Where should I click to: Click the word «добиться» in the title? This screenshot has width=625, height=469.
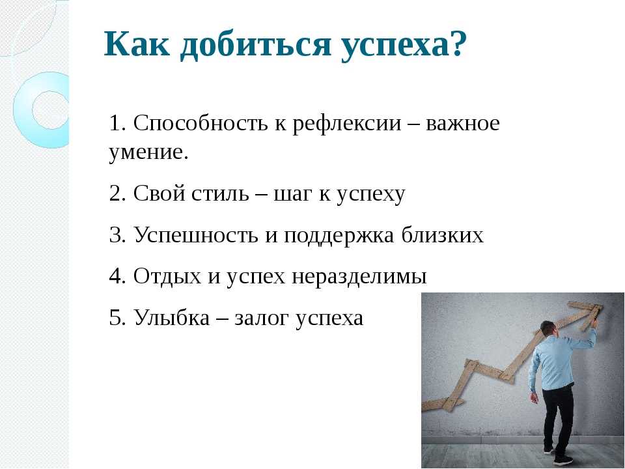point(255,45)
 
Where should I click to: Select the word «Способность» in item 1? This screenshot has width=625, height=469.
point(200,124)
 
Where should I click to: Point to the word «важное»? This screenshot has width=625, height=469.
point(463,124)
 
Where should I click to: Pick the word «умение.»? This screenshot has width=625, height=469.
point(148,152)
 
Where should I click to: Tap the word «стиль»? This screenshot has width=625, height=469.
point(220,194)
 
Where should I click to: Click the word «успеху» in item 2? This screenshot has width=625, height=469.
point(370,195)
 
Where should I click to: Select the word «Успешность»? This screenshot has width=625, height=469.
point(195,235)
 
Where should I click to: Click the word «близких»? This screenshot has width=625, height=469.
point(443,234)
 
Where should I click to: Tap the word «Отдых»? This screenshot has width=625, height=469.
point(167,276)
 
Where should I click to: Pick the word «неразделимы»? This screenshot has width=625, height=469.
point(359,276)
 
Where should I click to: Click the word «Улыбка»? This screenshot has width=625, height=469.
point(171,317)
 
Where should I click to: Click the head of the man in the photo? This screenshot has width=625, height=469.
point(548,329)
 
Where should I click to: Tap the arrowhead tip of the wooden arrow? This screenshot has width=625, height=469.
point(603,306)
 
